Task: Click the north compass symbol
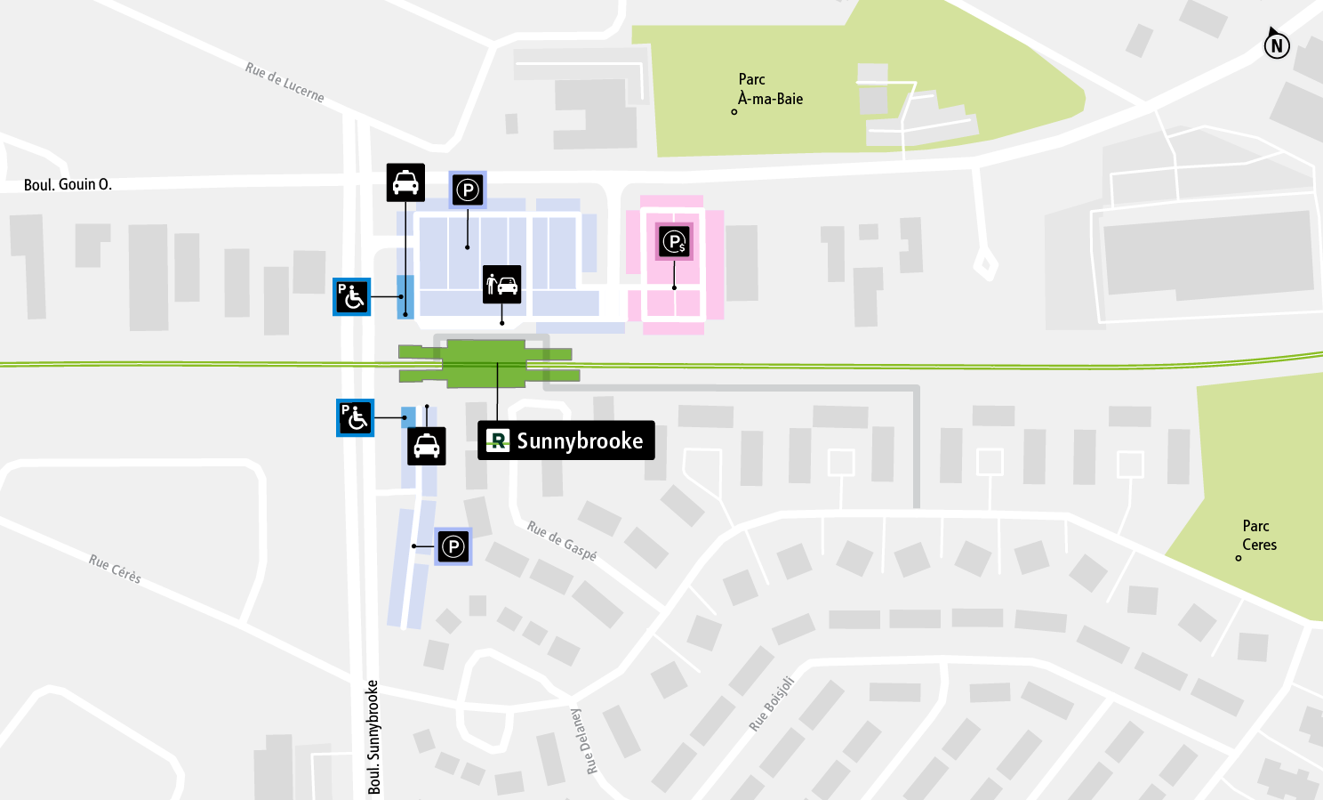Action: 1277,44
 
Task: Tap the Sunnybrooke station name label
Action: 566,440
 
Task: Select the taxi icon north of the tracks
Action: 405,182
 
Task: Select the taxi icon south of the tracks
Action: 427,446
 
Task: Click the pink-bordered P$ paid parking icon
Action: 675,241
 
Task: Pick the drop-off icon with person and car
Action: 502,285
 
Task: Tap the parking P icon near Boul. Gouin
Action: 468,190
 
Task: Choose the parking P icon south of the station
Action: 453,546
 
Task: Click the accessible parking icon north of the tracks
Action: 352,297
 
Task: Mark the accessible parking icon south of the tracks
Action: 356,417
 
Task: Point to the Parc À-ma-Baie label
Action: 770,89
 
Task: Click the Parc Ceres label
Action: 1258,535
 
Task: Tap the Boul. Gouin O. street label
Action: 68,185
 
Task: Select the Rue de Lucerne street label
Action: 285,82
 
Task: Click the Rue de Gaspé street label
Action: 562,540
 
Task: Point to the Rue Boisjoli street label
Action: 771,703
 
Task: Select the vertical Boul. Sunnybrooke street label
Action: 373,737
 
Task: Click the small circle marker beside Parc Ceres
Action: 1239,558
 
